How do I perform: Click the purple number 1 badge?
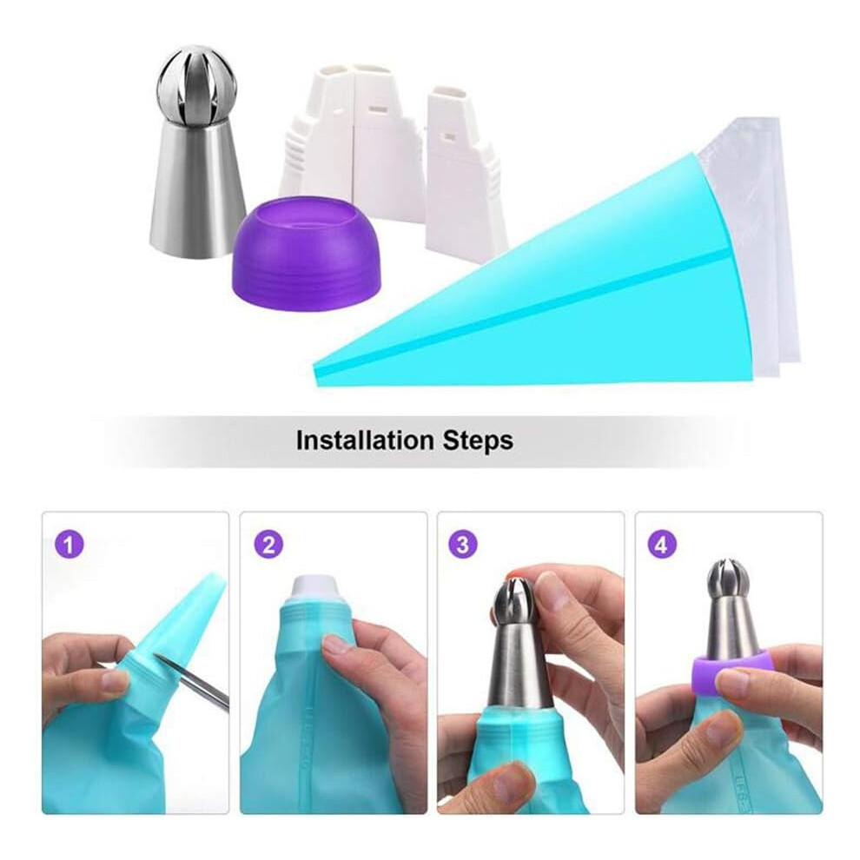(68, 546)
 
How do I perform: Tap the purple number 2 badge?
(268, 546)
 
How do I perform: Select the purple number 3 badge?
(463, 546)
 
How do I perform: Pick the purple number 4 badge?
(662, 546)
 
